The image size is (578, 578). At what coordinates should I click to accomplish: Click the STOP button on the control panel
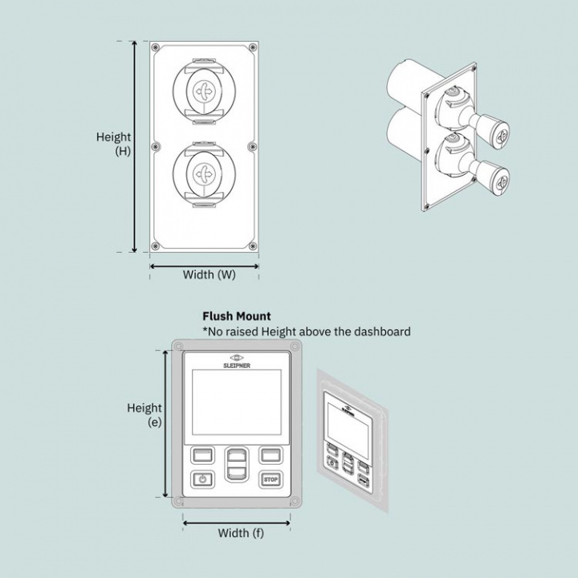click(x=270, y=480)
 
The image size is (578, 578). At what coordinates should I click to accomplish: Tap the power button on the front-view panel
click(x=202, y=480)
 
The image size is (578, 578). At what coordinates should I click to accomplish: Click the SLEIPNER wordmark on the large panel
click(x=236, y=364)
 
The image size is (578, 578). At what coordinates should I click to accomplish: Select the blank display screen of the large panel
click(x=236, y=405)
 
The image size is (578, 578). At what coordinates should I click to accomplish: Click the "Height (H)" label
click(x=114, y=144)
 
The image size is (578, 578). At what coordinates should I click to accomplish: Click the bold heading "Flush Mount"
click(x=237, y=316)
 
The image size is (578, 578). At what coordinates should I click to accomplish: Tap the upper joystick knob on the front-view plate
click(x=204, y=92)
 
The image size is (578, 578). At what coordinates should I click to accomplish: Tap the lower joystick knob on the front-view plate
click(x=204, y=173)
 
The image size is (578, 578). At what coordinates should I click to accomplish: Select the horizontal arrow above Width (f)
click(x=236, y=521)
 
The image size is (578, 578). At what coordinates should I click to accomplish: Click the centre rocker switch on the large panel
click(x=236, y=466)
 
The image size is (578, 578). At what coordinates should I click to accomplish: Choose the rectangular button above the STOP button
click(x=270, y=455)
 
